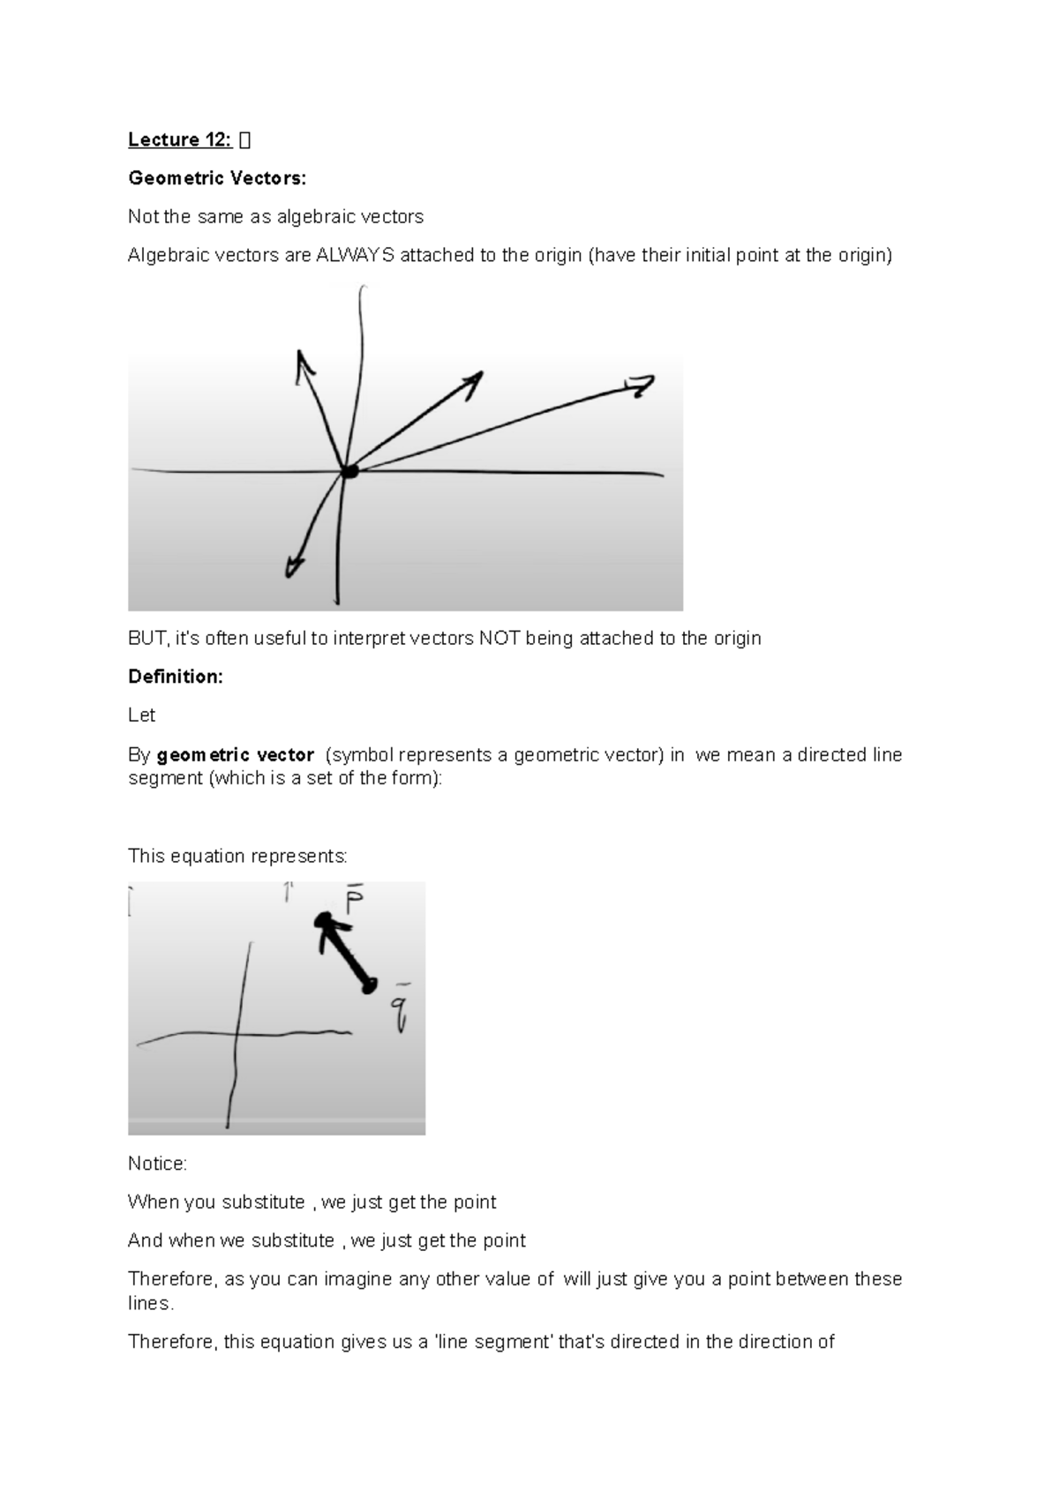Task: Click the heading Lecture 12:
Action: point(179,139)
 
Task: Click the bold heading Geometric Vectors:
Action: point(217,178)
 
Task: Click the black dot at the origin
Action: point(349,472)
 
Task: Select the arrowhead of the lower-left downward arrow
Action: point(291,572)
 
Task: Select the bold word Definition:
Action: point(176,677)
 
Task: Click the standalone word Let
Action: point(141,715)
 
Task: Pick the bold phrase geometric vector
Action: point(235,755)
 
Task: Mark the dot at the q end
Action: point(370,985)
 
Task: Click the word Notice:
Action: point(157,1164)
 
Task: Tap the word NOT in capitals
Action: point(499,639)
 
